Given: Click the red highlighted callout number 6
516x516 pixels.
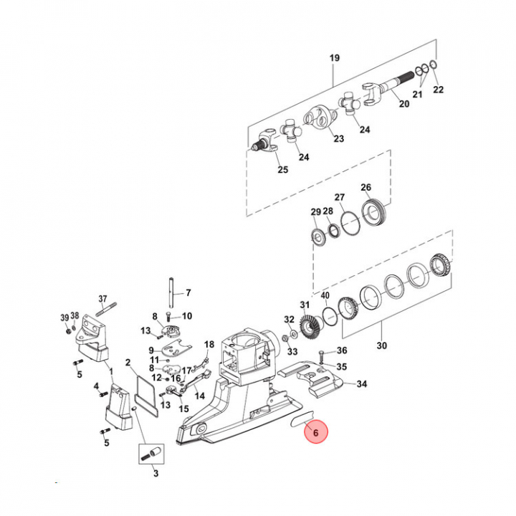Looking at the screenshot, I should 315,434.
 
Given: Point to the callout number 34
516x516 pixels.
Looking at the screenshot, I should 361,384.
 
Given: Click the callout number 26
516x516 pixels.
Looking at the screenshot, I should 366,188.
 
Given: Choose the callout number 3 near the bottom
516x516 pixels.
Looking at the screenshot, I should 156,473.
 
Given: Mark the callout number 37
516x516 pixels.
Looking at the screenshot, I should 102,299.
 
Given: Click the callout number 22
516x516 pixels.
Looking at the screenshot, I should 439,90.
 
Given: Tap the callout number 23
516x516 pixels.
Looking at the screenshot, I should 339,139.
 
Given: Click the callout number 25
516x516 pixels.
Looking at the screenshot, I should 282,170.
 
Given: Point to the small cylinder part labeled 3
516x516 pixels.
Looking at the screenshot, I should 152,454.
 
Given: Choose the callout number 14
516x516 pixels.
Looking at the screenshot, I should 200,395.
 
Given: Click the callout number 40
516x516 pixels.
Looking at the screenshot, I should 325,296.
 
